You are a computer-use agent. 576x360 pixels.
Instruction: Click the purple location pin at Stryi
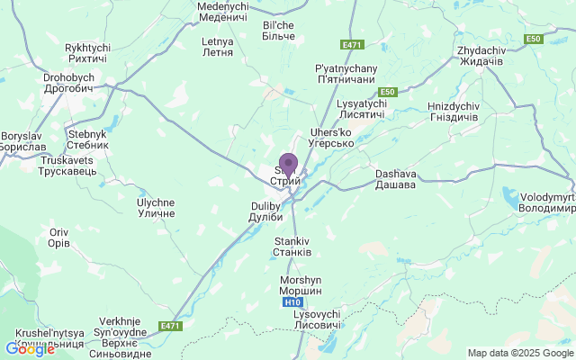coord(288,165)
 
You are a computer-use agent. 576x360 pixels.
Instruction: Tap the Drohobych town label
coord(68,83)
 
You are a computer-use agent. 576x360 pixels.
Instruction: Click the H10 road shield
coord(292,302)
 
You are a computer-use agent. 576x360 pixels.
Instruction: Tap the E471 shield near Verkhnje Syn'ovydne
coord(169,325)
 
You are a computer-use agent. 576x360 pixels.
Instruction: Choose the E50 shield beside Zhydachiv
coord(535,39)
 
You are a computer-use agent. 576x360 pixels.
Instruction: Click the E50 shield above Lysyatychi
coord(388,92)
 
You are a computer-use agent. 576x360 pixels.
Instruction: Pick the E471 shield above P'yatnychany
coord(351,44)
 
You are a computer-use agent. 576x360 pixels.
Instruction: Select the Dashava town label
coord(395,179)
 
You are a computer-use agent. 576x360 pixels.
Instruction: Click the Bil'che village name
coord(278,30)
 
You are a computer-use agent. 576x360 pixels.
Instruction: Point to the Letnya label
coord(218,47)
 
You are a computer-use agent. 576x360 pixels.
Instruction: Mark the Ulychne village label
coord(156,209)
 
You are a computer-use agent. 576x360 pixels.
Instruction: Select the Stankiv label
coord(292,247)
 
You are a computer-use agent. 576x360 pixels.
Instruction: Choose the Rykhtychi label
coord(86,52)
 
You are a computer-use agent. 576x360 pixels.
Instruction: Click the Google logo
coord(30,348)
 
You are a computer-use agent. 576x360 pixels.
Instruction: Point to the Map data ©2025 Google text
coord(519,353)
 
